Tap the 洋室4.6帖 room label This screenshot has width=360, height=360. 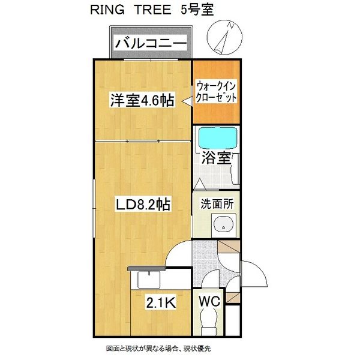click(x=142, y=100)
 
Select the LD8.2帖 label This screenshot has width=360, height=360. click(x=143, y=205)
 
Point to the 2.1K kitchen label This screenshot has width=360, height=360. click(x=161, y=304)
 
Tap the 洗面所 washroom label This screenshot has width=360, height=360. click(x=217, y=203)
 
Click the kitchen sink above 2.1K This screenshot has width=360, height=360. click(x=146, y=280)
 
